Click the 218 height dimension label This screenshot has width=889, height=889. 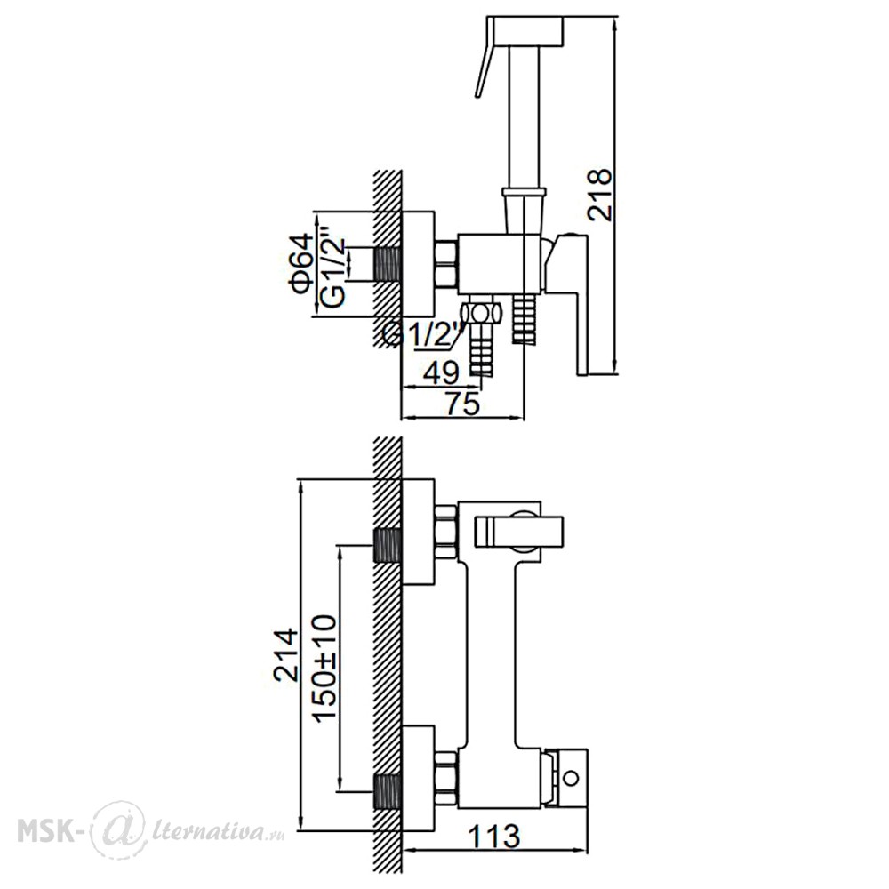pos(600,195)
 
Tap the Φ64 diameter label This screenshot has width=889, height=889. pos(302,263)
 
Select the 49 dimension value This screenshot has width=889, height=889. pos(441,373)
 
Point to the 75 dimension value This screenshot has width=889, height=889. pos(462,404)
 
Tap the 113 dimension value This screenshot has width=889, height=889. pos(493,837)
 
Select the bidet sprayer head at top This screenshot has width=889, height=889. pos(526,31)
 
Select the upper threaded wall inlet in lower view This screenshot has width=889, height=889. pos(388,545)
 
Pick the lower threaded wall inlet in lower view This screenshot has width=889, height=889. pos(388,793)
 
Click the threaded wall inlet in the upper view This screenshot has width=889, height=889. pos(388,264)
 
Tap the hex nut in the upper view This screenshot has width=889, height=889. pos(446,263)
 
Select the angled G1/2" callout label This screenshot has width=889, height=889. pos(423,333)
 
